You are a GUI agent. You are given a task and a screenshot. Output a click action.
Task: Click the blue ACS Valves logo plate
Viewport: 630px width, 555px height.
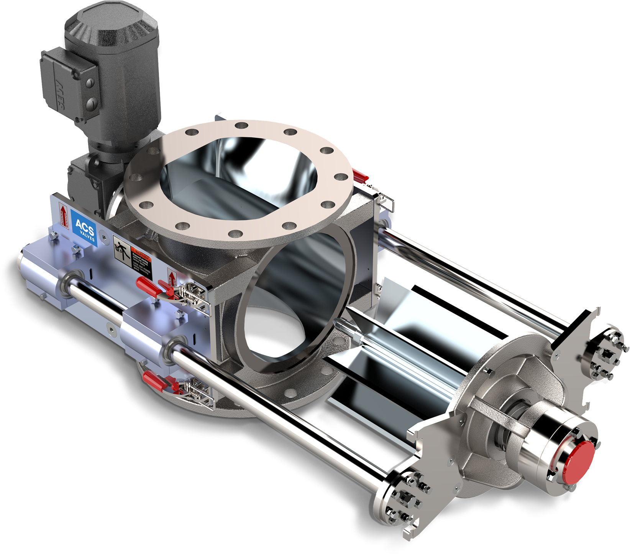pos(84,228)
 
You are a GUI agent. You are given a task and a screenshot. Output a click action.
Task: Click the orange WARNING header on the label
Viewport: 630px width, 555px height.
pos(142,253)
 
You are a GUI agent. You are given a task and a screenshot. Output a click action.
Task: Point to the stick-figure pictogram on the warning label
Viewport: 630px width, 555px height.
pos(122,248)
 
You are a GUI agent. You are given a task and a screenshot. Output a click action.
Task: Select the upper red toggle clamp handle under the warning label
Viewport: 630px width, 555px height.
pos(147,286)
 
